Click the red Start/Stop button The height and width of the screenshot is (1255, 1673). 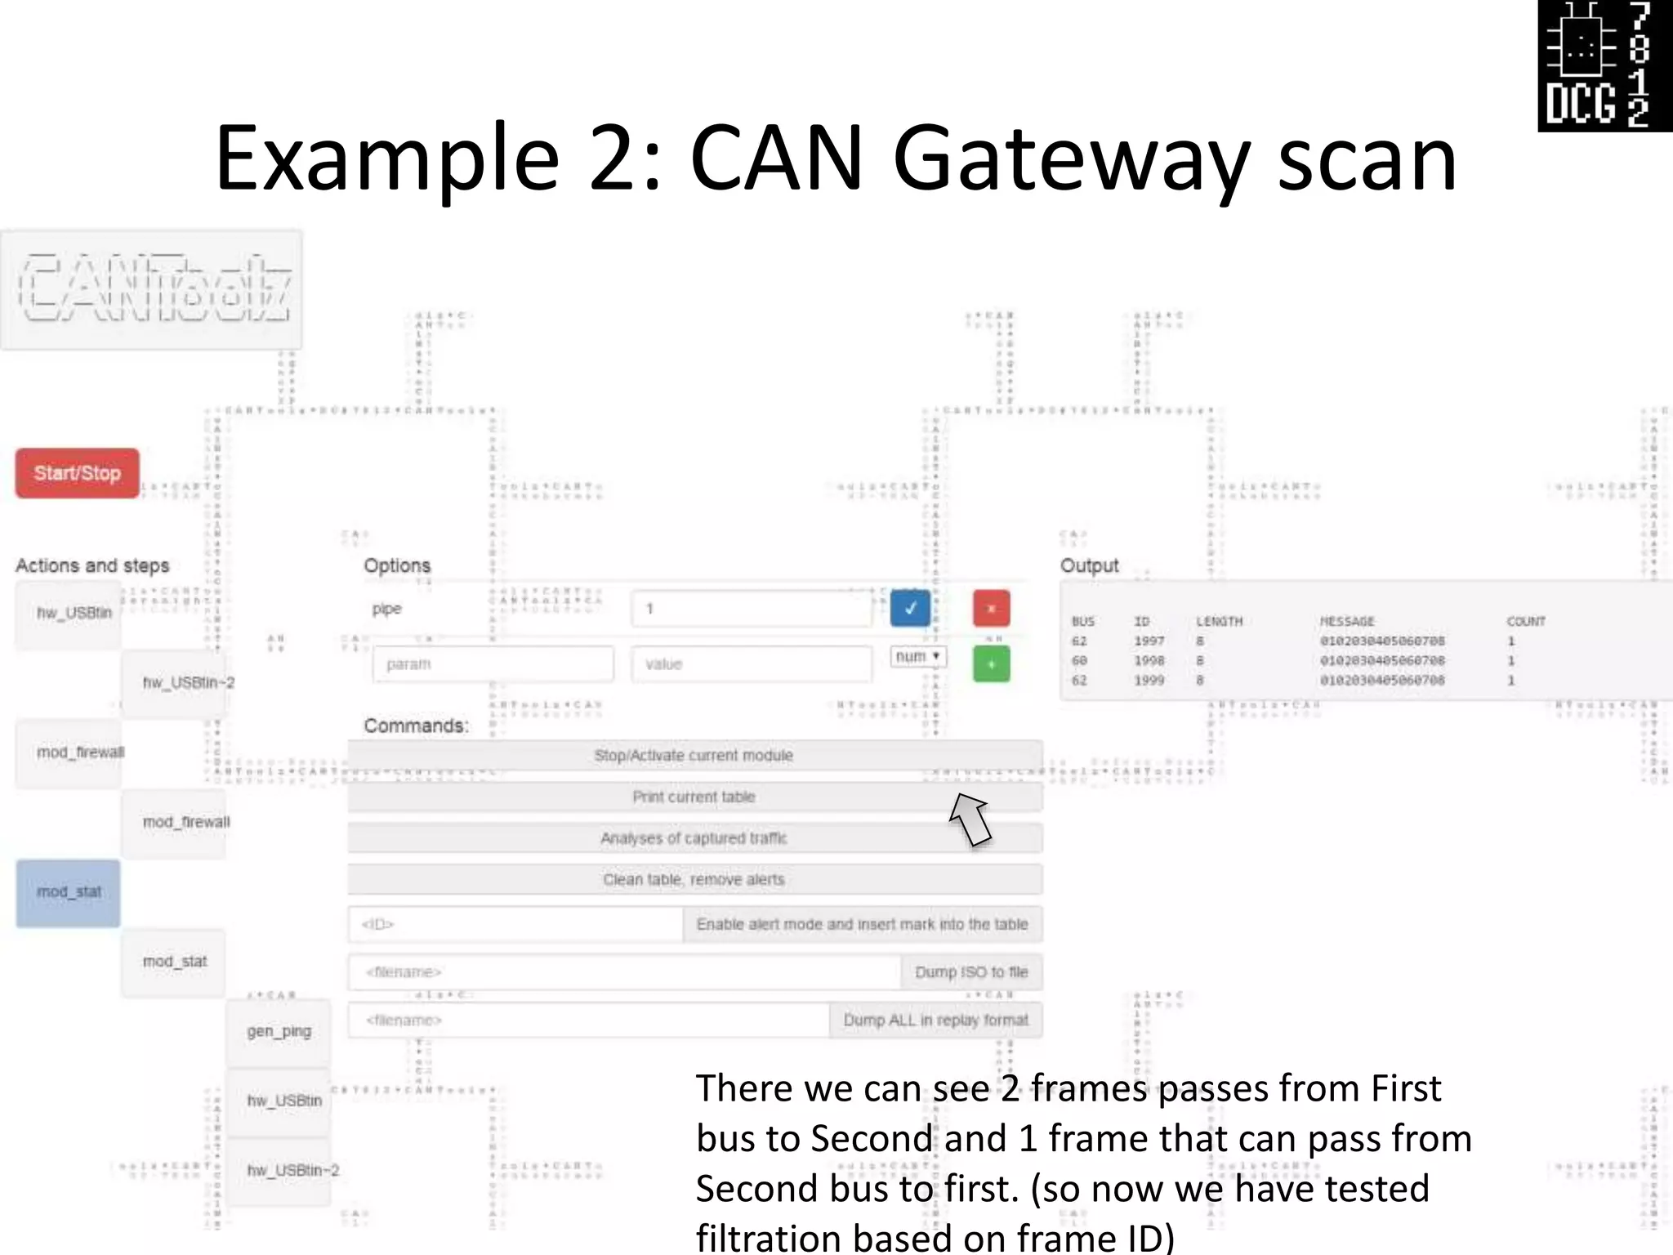point(77,473)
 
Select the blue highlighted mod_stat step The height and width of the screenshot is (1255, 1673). point(69,892)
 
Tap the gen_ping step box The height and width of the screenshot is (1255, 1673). point(279,1031)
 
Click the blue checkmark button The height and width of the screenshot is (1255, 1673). point(910,609)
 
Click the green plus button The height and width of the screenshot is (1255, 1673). point(991,663)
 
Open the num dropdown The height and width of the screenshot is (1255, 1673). point(918,657)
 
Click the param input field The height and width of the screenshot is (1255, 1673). point(493,664)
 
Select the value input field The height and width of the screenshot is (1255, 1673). point(751,664)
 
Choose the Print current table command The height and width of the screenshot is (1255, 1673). point(694,797)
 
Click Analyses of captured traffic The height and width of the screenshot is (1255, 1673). point(694,838)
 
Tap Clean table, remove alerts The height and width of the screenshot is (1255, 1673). point(694,879)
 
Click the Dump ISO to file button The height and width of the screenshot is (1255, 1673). point(971,972)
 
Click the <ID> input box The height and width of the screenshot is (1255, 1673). point(515,924)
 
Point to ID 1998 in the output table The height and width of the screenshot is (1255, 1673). point(1149,660)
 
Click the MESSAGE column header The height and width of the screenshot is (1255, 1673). point(1347,621)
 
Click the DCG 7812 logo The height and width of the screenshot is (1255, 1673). point(1604,65)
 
